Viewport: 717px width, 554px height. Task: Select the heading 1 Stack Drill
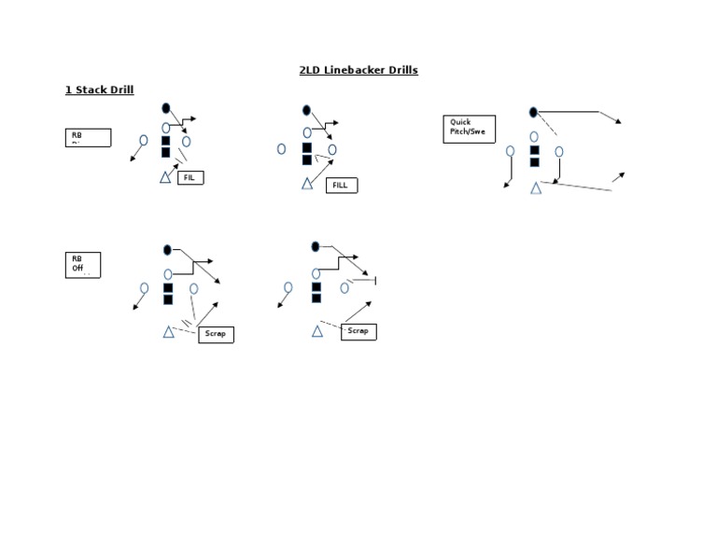coord(99,90)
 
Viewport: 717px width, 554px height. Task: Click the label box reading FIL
coord(190,177)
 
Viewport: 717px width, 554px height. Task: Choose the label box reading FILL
coord(342,186)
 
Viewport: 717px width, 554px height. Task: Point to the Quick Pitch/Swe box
coord(470,128)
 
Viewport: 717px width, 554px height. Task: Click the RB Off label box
coord(82,264)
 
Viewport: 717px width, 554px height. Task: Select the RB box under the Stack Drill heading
coord(88,137)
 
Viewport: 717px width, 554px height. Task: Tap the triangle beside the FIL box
coord(165,177)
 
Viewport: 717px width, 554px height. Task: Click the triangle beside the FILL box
coord(307,184)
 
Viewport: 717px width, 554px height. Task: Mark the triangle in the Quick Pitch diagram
coord(536,188)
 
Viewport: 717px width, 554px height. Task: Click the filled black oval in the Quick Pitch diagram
coord(533,112)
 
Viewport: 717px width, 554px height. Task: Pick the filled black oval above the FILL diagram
coord(306,110)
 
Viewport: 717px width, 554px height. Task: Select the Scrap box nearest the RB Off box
coord(216,334)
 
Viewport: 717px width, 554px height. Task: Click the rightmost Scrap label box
coord(358,331)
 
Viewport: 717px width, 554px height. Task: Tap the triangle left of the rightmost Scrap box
coord(317,331)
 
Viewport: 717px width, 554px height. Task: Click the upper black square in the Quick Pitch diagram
coord(534,149)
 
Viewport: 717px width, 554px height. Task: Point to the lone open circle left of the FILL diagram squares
coord(281,148)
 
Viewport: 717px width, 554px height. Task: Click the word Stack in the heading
coord(91,90)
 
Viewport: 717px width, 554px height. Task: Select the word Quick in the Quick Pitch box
coord(460,122)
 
